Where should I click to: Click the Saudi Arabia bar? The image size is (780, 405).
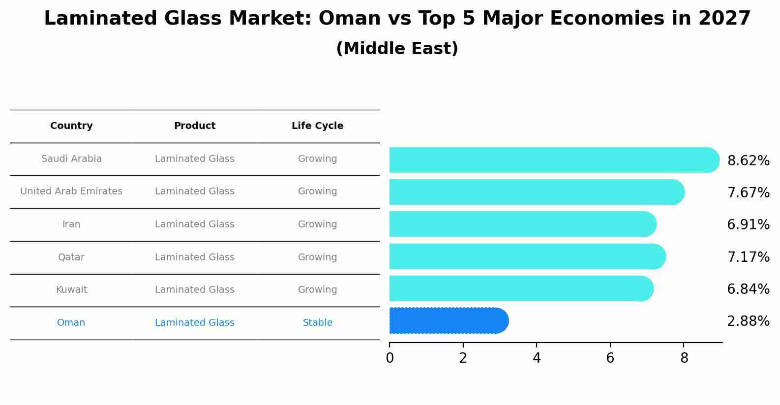point(551,160)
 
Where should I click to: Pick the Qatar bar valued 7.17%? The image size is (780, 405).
point(526,256)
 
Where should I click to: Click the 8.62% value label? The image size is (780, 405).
point(748,161)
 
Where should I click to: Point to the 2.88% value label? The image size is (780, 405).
point(748,321)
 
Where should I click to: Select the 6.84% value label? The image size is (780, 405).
point(748,289)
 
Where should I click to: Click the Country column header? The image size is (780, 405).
point(71,126)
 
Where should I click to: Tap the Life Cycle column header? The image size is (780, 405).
point(317,126)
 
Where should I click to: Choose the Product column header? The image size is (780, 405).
point(195,126)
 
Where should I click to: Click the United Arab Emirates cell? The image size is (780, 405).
point(71,191)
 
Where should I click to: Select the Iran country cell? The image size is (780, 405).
point(71,224)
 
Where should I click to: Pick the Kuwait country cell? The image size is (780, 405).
point(71,290)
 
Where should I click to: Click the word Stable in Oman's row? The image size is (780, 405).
point(317,323)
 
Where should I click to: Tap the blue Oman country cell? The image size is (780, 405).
point(71,323)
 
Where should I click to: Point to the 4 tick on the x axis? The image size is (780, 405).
point(537,358)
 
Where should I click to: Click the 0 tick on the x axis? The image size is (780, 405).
point(390,358)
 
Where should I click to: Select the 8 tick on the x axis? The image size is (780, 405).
point(684,358)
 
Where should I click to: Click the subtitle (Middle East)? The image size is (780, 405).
point(397,49)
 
